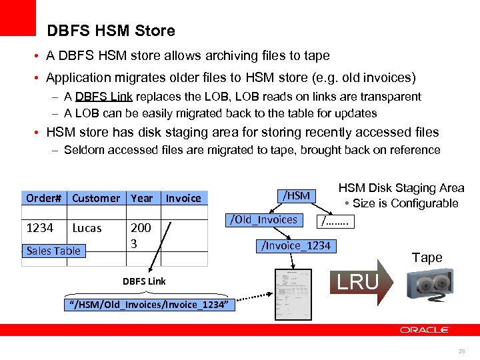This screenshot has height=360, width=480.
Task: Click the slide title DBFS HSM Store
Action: pyautogui.click(x=111, y=31)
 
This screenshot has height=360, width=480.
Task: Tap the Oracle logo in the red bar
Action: pyautogui.click(x=425, y=330)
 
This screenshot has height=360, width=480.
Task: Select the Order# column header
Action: pyautogui.click(x=45, y=198)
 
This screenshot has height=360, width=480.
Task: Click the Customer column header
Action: pyautogui.click(x=96, y=198)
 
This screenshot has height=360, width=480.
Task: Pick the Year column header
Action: pyautogui.click(x=142, y=198)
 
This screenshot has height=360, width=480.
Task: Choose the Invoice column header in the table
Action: pyautogui.click(x=183, y=198)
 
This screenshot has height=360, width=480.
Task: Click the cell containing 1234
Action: pyautogui.click(x=39, y=228)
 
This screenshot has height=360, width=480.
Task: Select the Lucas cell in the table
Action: pyautogui.click(x=87, y=228)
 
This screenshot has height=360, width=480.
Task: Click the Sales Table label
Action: pyautogui.click(x=53, y=251)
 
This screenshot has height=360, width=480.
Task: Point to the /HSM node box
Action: pyautogui.click(x=296, y=195)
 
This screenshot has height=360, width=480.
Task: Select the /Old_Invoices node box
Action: pyautogui.click(x=264, y=219)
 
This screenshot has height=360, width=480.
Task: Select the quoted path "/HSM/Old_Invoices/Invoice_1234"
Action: pyautogui.click(x=150, y=305)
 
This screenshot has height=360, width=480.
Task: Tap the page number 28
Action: pyautogui.click(x=462, y=351)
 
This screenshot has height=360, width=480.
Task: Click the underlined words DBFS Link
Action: pyautogui.click(x=101, y=97)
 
